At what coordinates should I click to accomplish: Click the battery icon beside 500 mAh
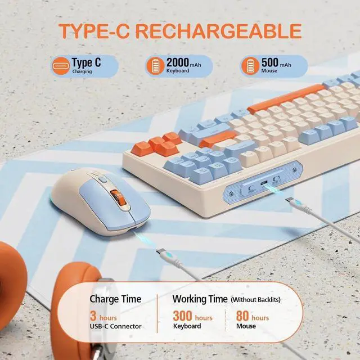(249, 66)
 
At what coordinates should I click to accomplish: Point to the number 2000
(178, 61)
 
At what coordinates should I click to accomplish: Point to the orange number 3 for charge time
(93, 317)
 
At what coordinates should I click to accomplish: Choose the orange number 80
(242, 317)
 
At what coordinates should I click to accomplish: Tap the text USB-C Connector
(115, 326)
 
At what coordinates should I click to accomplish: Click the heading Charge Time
(115, 299)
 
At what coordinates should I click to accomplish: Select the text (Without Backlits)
(256, 299)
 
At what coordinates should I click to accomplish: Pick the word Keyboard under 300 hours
(187, 326)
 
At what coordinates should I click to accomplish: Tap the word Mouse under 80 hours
(246, 326)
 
